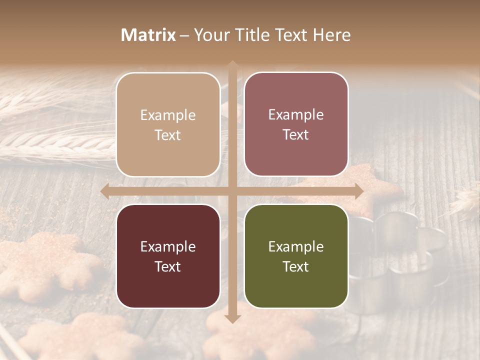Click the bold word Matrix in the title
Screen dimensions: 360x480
(148, 35)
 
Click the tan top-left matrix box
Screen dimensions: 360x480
(168, 90)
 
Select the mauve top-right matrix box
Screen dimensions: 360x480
(296, 90)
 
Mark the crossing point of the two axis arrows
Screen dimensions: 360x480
(232, 191)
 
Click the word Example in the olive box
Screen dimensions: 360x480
(296, 246)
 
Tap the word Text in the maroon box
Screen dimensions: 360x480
(168, 266)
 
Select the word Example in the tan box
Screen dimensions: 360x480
(168, 115)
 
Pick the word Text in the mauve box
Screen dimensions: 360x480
(296, 135)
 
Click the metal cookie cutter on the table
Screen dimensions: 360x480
(400, 250)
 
